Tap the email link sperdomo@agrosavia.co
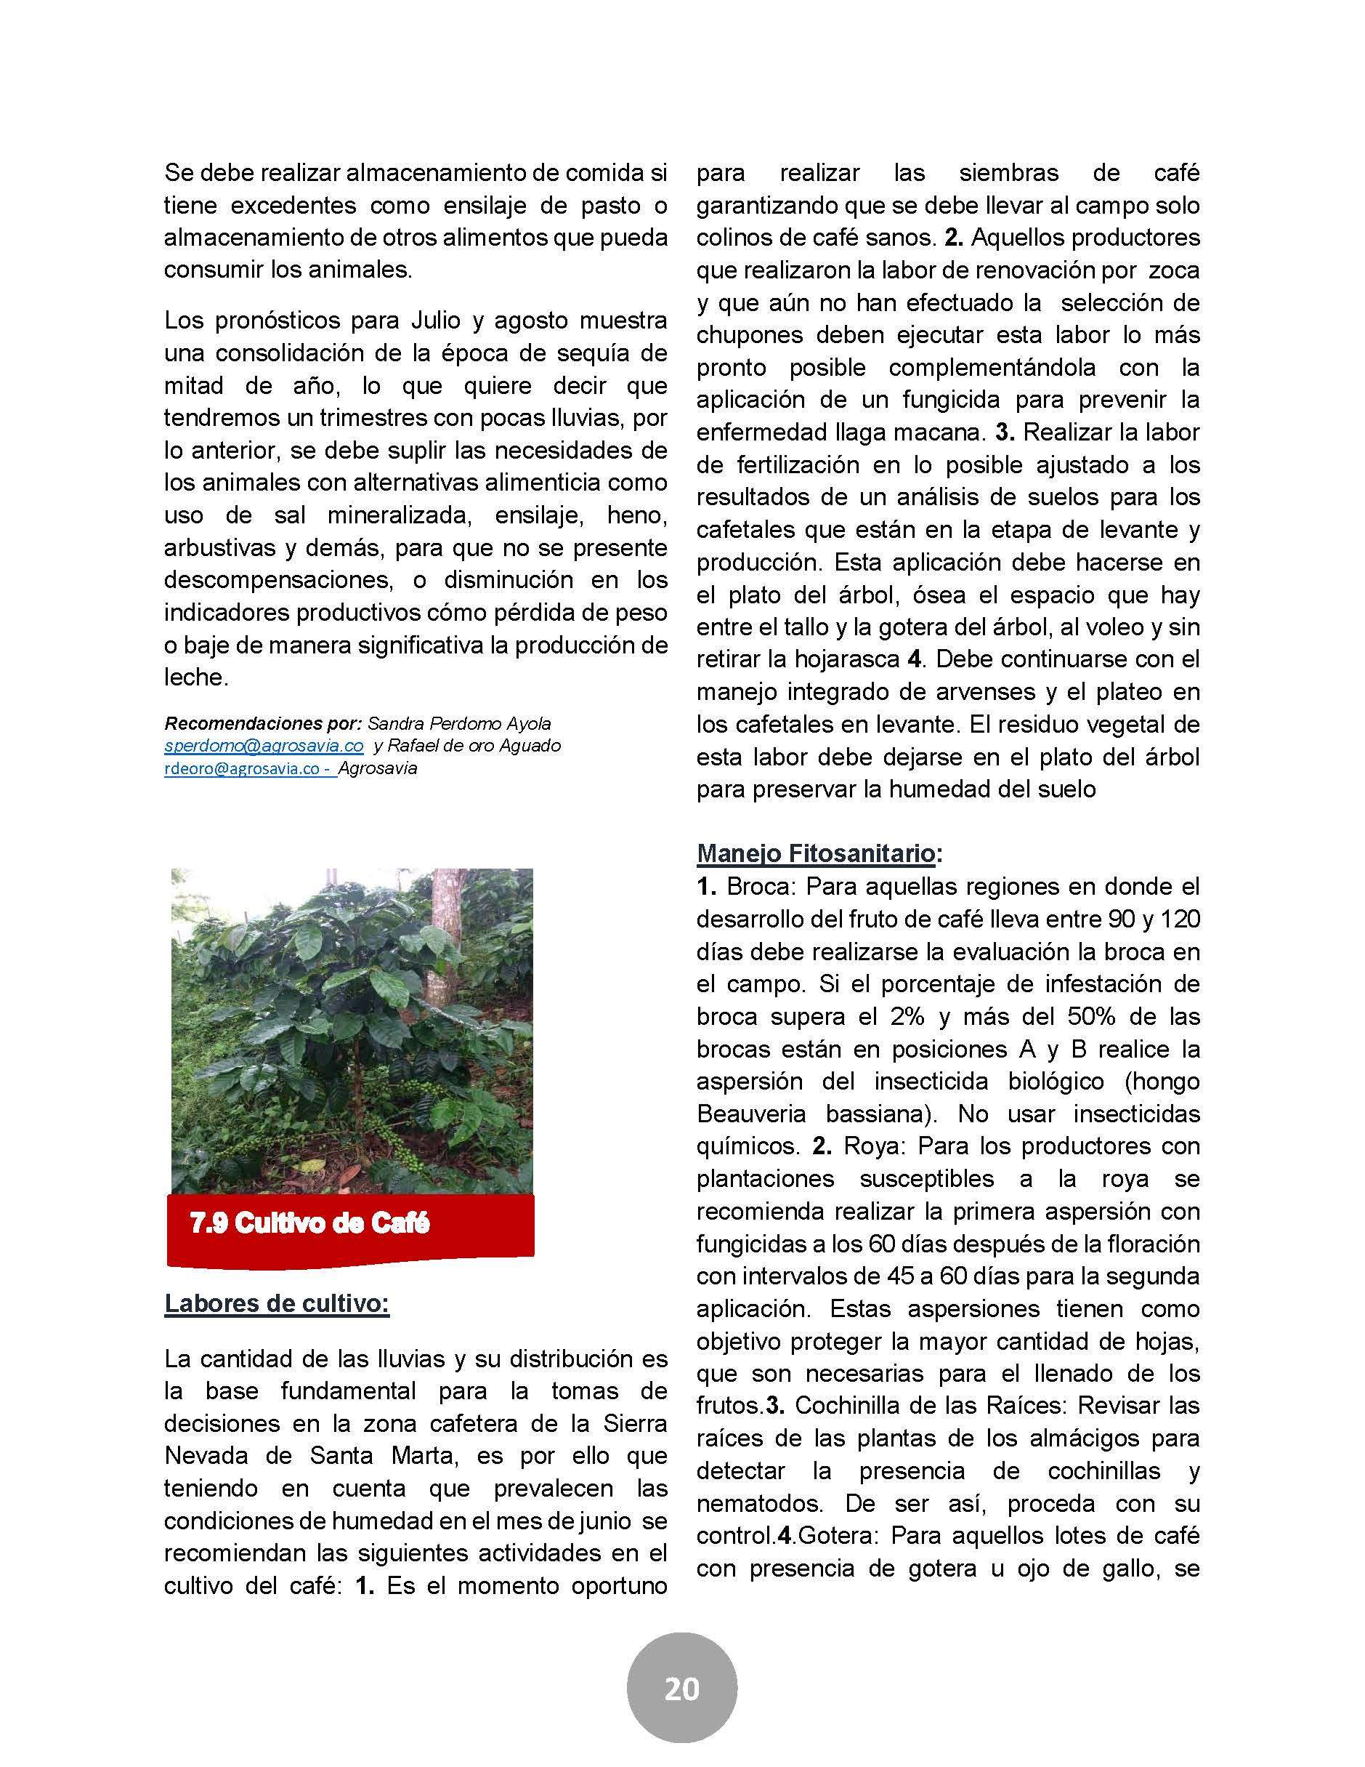pyautogui.click(x=264, y=745)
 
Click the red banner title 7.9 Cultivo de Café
pyautogui.click(x=309, y=1223)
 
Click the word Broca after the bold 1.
pyautogui.click(x=758, y=886)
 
